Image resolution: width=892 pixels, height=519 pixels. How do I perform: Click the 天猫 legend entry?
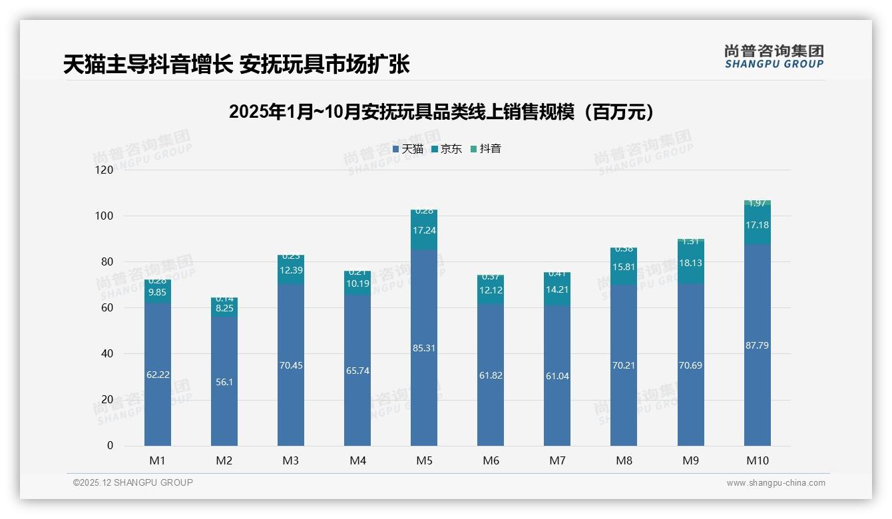click(408, 149)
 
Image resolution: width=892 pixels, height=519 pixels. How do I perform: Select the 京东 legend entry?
click(447, 149)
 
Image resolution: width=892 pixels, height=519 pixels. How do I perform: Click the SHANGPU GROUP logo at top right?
click(774, 57)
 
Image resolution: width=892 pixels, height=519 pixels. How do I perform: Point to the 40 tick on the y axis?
click(106, 353)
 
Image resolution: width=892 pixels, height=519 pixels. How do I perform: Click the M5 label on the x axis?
click(424, 460)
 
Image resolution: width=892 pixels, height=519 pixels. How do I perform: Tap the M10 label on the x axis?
click(757, 460)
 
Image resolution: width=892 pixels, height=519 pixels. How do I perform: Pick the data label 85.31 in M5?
click(424, 347)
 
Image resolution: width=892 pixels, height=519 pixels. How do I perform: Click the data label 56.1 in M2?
click(224, 382)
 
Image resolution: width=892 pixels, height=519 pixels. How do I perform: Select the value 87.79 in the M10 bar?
click(757, 345)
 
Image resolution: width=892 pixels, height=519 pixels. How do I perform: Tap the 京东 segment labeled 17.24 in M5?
click(424, 230)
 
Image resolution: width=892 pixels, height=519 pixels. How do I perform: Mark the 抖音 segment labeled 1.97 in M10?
click(757, 203)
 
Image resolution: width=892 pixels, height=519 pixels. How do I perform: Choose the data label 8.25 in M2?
click(224, 308)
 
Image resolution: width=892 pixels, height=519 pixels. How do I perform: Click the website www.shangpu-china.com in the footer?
click(776, 483)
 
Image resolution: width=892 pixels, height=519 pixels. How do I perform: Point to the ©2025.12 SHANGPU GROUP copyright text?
click(133, 482)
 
